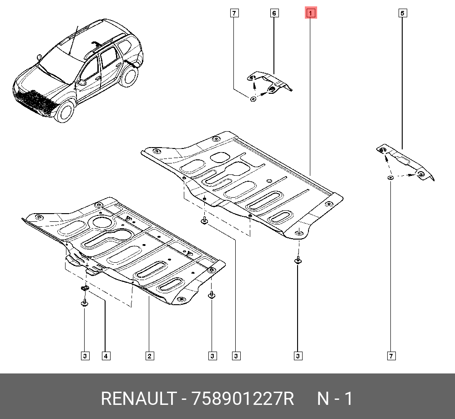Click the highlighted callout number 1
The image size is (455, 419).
point(310,13)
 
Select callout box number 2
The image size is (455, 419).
point(149,356)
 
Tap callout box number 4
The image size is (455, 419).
point(105,356)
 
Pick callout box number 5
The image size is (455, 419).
point(402,13)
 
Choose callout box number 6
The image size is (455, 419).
point(274,13)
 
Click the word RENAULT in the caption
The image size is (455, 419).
point(138,399)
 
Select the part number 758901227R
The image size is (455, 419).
point(243,399)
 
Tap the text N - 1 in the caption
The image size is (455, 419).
point(334,399)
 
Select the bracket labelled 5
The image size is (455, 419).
point(405,163)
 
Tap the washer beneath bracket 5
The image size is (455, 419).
point(390,177)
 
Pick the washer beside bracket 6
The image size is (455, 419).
point(253,98)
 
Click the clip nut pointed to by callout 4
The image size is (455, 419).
point(85,288)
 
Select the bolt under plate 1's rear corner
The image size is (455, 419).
point(298,261)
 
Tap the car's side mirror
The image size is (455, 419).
point(82,83)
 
